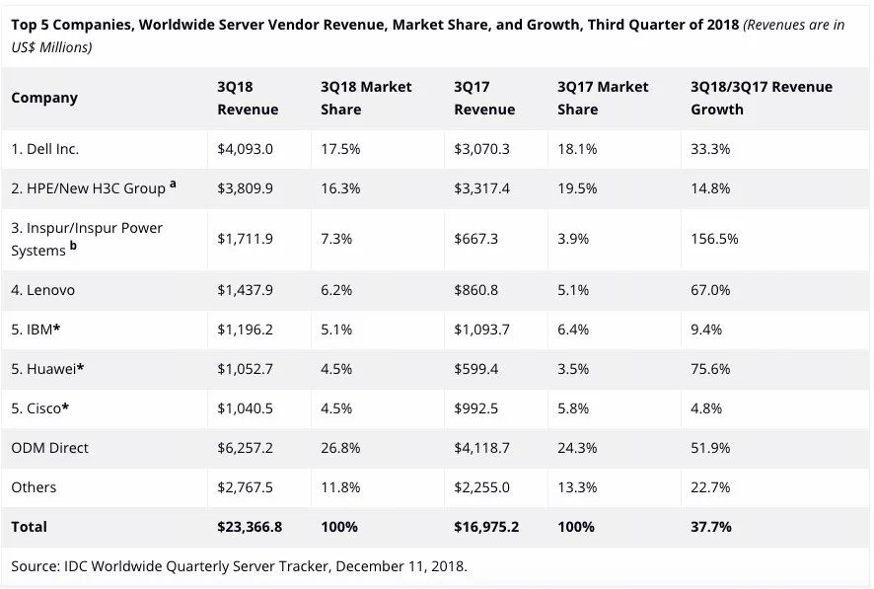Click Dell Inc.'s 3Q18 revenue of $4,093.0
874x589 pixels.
[246, 149]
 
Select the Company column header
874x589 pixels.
[44, 98]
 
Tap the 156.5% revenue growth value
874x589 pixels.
[714, 239]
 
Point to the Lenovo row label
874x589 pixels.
[43, 290]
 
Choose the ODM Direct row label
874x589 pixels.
[49, 448]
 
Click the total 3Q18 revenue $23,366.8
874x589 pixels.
[250, 527]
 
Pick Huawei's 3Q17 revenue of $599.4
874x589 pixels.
[476, 369]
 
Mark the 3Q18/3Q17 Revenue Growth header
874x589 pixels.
[762, 98]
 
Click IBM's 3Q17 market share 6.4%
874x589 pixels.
[573, 330]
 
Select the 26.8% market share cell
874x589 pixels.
[340, 448]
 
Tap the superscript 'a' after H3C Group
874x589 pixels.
[173, 183]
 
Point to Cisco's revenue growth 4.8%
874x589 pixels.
[706, 408]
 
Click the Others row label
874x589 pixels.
[34, 487]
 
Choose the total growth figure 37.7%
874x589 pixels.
[711, 527]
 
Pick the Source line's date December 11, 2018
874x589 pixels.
[401, 566]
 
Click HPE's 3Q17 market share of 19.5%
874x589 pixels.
[577, 188]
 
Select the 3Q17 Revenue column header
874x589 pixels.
[484, 98]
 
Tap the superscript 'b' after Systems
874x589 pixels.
[73, 246]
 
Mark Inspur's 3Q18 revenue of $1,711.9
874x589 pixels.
[246, 239]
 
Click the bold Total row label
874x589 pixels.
[29, 527]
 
